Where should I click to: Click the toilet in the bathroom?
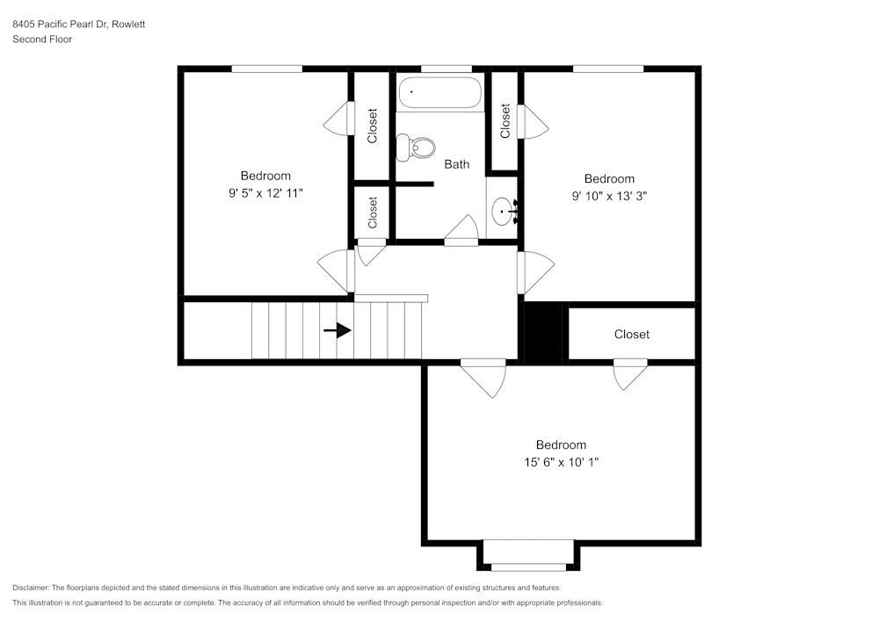[x=416, y=147]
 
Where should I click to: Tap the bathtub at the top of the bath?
[x=440, y=92]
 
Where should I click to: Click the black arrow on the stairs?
[x=338, y=330]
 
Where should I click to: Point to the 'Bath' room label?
[x=456, y=164]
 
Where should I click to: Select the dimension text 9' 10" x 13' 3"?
[x=609, y=196]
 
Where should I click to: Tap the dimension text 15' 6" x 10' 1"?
[x=561, y=461]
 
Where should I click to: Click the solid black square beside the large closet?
[x=543, y=331]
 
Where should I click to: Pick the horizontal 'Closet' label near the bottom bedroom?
[x=631, y=334]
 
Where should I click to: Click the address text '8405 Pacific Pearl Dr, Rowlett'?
[x=79, y=25]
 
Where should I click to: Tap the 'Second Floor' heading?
[x=42, y=40]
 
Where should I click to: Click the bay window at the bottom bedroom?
[x=528, y=566]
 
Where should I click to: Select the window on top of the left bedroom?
[x=267, y=69]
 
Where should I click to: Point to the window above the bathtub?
[x=446, y=69]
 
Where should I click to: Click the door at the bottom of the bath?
[x=461, y=232]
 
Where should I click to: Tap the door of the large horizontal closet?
[x=630, y=372]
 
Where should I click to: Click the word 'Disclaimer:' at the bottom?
[x=31, y=588]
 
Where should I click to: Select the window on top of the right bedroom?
[x=607, y=69]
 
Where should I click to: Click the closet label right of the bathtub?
[x=505, y=121]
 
